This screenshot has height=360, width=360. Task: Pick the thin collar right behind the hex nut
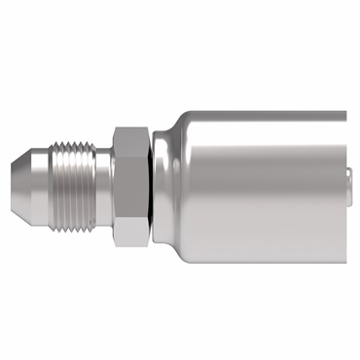[149, 179]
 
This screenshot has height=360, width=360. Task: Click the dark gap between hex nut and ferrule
[155, 179]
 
